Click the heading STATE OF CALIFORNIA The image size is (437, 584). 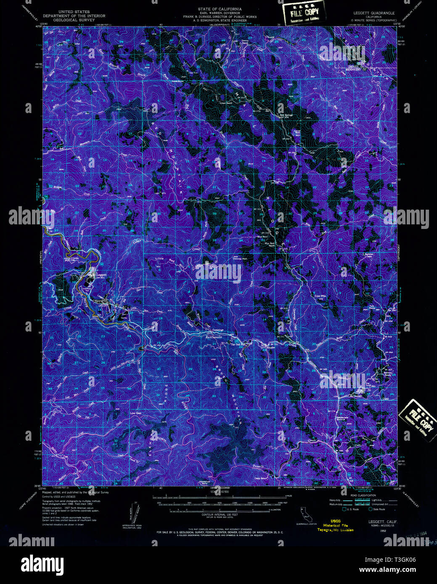[220, 9]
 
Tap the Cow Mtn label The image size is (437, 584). [320, 296]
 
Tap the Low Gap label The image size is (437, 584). [135, 413]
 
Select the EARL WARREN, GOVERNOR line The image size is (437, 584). [220, 13]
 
